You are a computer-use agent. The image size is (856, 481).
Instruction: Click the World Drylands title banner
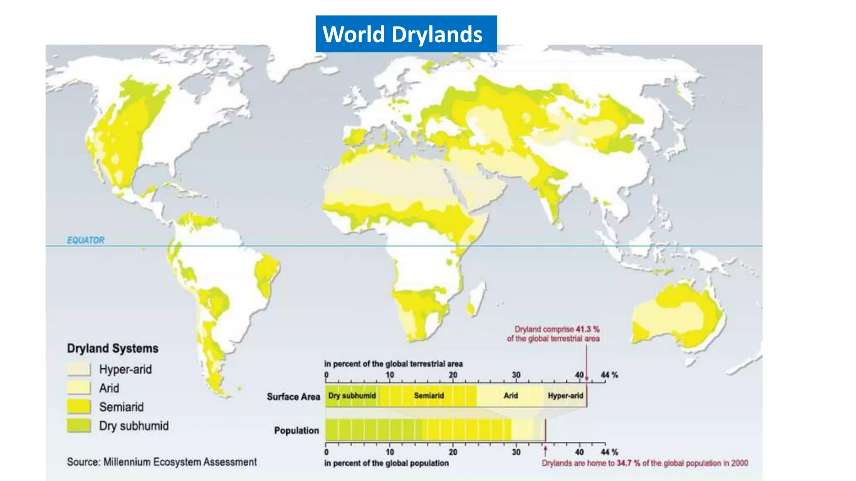(x=406, y=34)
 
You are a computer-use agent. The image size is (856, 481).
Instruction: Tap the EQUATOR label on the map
(x=86, y=240)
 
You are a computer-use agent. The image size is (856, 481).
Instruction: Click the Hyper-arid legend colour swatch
(x=79, y=369)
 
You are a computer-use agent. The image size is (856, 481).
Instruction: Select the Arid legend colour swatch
(x=79, y=388)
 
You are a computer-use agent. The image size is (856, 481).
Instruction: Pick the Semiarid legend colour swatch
(x=79, y=407)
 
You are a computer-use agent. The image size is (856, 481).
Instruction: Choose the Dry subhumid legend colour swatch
(x=79, y=425)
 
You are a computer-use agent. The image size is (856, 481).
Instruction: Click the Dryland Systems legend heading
(x=112, y=348)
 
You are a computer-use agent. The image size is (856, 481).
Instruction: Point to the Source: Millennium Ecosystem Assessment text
(x=162, y=462)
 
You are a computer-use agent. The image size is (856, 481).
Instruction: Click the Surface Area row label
(x=293, y=396)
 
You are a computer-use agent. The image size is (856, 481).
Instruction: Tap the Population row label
(x=296, y=430)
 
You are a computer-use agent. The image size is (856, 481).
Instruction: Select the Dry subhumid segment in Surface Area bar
(x=352, y=395)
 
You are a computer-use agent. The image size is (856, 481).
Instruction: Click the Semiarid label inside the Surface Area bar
(x=429, y=395)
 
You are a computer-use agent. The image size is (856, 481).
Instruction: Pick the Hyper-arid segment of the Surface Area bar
(x=565, y=395)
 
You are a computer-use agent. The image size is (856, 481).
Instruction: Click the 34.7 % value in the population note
(x=628, y=463)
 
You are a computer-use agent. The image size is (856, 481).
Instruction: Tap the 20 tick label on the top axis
(x=453, y=375)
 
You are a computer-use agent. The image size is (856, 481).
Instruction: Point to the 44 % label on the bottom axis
(x=609, y=452)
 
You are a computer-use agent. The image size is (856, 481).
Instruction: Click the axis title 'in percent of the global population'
(x=386, y=463)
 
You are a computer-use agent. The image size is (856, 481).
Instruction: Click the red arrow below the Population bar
(x=545, y=450)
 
